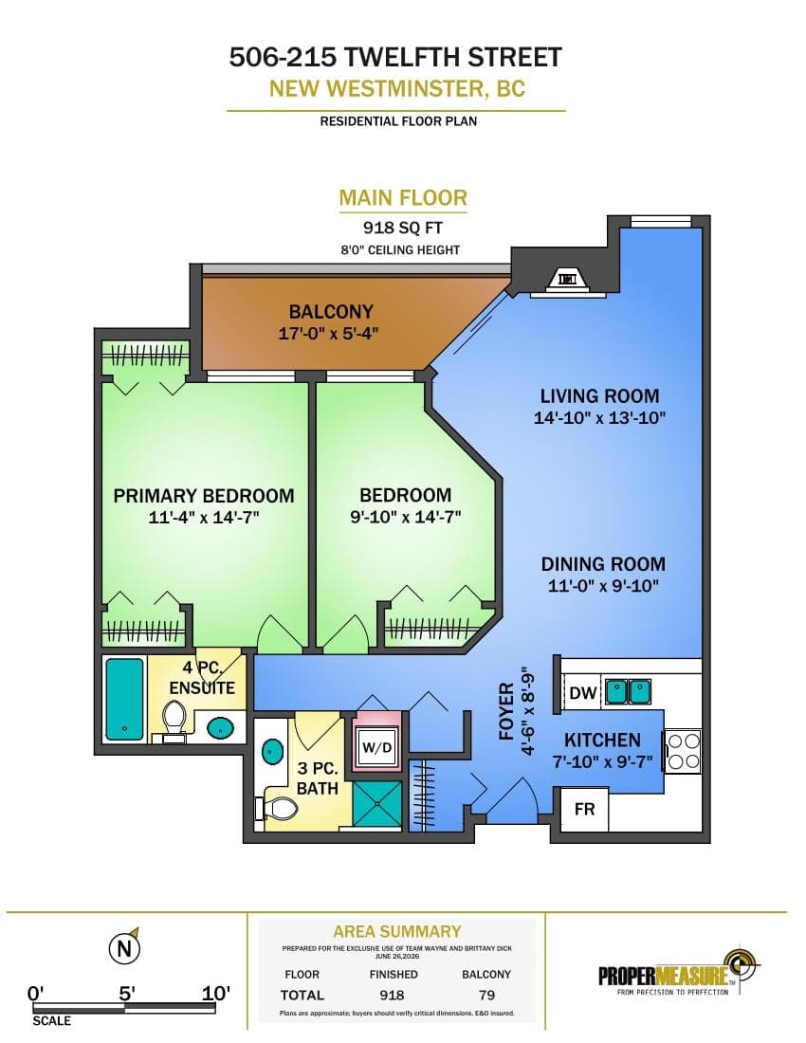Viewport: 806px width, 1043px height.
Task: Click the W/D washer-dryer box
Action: [377, 746]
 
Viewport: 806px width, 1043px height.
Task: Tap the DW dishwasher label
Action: [583, 692]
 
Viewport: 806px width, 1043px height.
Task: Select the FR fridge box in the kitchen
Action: [584, 809]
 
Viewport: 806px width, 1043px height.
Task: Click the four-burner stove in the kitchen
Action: [683, 751]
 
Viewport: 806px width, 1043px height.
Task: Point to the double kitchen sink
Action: [628, 692]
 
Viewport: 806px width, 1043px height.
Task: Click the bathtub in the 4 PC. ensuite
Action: [124, 699]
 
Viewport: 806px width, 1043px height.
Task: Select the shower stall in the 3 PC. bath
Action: [377, 804]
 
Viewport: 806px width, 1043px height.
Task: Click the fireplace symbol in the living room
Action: [567, 280]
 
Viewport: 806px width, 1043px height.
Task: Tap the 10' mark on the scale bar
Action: [216, 994]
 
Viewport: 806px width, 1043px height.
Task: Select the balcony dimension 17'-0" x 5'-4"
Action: [328, 333]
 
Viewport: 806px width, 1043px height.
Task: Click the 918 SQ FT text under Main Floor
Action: [402, 228]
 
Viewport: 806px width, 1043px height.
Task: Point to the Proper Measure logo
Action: [679, 974]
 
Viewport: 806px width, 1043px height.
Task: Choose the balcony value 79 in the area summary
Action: [486, 995]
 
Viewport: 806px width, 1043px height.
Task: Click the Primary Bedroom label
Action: [204, 496]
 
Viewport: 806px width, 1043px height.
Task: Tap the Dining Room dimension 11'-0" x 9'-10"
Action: [603, 586]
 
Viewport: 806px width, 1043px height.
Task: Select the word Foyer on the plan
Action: [506, 711]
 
